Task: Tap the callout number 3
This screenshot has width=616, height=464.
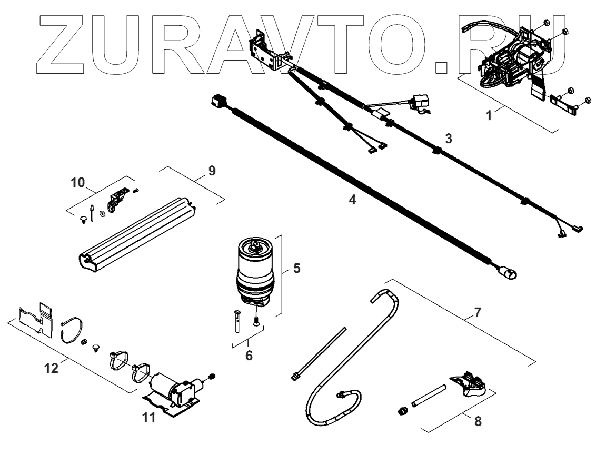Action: click(x=448, y=139)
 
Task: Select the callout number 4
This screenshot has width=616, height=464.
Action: click(x=353, y=200)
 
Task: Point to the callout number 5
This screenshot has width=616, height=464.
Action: click(x=296, y=268)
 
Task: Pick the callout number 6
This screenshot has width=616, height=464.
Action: click(x=249, y=355)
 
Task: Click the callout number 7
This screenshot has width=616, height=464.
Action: click(x=477, y=312)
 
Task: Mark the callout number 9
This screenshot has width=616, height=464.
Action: click(x=211, y=171)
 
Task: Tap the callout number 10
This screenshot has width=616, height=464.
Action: click(x=78, y=183)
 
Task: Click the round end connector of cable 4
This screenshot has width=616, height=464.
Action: click(x=508, y=273)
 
